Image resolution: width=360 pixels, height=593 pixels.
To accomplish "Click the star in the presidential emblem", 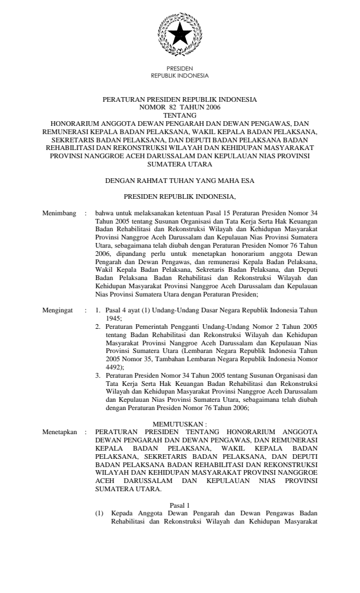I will pyautogui.click(x=179, y=34).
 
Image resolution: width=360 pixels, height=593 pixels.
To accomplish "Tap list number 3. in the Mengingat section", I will pyautogui.click(x=99, y=357).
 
